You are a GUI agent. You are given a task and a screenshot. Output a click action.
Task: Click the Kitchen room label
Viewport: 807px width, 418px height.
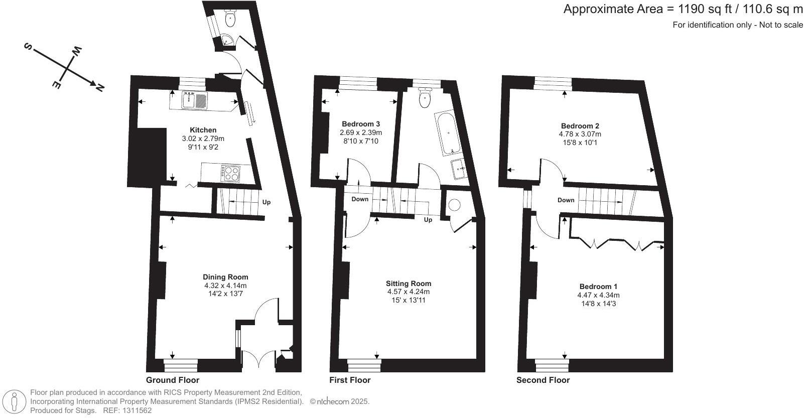203,130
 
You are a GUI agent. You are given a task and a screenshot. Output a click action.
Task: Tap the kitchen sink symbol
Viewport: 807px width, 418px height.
194,100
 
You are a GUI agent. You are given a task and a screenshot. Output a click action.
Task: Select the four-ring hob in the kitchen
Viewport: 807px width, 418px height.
230,174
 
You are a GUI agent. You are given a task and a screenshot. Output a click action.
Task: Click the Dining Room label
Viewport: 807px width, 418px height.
225,277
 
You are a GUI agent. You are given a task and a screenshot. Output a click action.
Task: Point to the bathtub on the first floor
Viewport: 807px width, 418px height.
446,134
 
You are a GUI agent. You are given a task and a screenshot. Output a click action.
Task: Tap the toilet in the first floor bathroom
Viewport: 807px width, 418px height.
425,98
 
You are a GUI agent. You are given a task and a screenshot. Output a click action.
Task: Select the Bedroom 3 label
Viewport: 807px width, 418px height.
360,124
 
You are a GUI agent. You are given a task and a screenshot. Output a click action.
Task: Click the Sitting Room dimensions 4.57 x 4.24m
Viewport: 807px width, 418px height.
408,292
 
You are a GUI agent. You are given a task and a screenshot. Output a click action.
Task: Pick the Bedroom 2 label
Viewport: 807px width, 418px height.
580,126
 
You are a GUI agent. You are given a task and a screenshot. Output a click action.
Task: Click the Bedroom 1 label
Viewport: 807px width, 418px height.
598,287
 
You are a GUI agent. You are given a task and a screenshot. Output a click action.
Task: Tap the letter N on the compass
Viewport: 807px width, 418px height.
100,88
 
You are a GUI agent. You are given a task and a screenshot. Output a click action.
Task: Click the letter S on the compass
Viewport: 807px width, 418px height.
28,47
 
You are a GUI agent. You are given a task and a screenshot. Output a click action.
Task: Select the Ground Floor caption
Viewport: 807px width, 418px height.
172,380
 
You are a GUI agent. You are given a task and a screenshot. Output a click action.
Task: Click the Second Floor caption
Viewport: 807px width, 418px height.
543,380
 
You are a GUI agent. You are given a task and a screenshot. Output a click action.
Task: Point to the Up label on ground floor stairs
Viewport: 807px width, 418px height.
266,202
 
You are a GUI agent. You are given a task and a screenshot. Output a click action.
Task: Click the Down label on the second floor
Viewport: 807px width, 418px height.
566,200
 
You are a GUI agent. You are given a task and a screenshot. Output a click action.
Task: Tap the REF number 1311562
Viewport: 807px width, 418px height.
136,410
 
